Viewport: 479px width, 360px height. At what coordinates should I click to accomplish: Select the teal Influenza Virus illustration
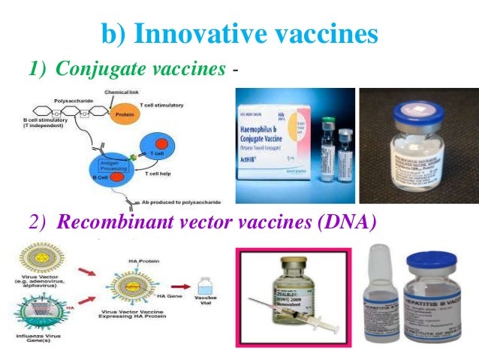(x=41, y=311)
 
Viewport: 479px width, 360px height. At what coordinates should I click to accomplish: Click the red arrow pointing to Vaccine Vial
(x=181, y=286)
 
